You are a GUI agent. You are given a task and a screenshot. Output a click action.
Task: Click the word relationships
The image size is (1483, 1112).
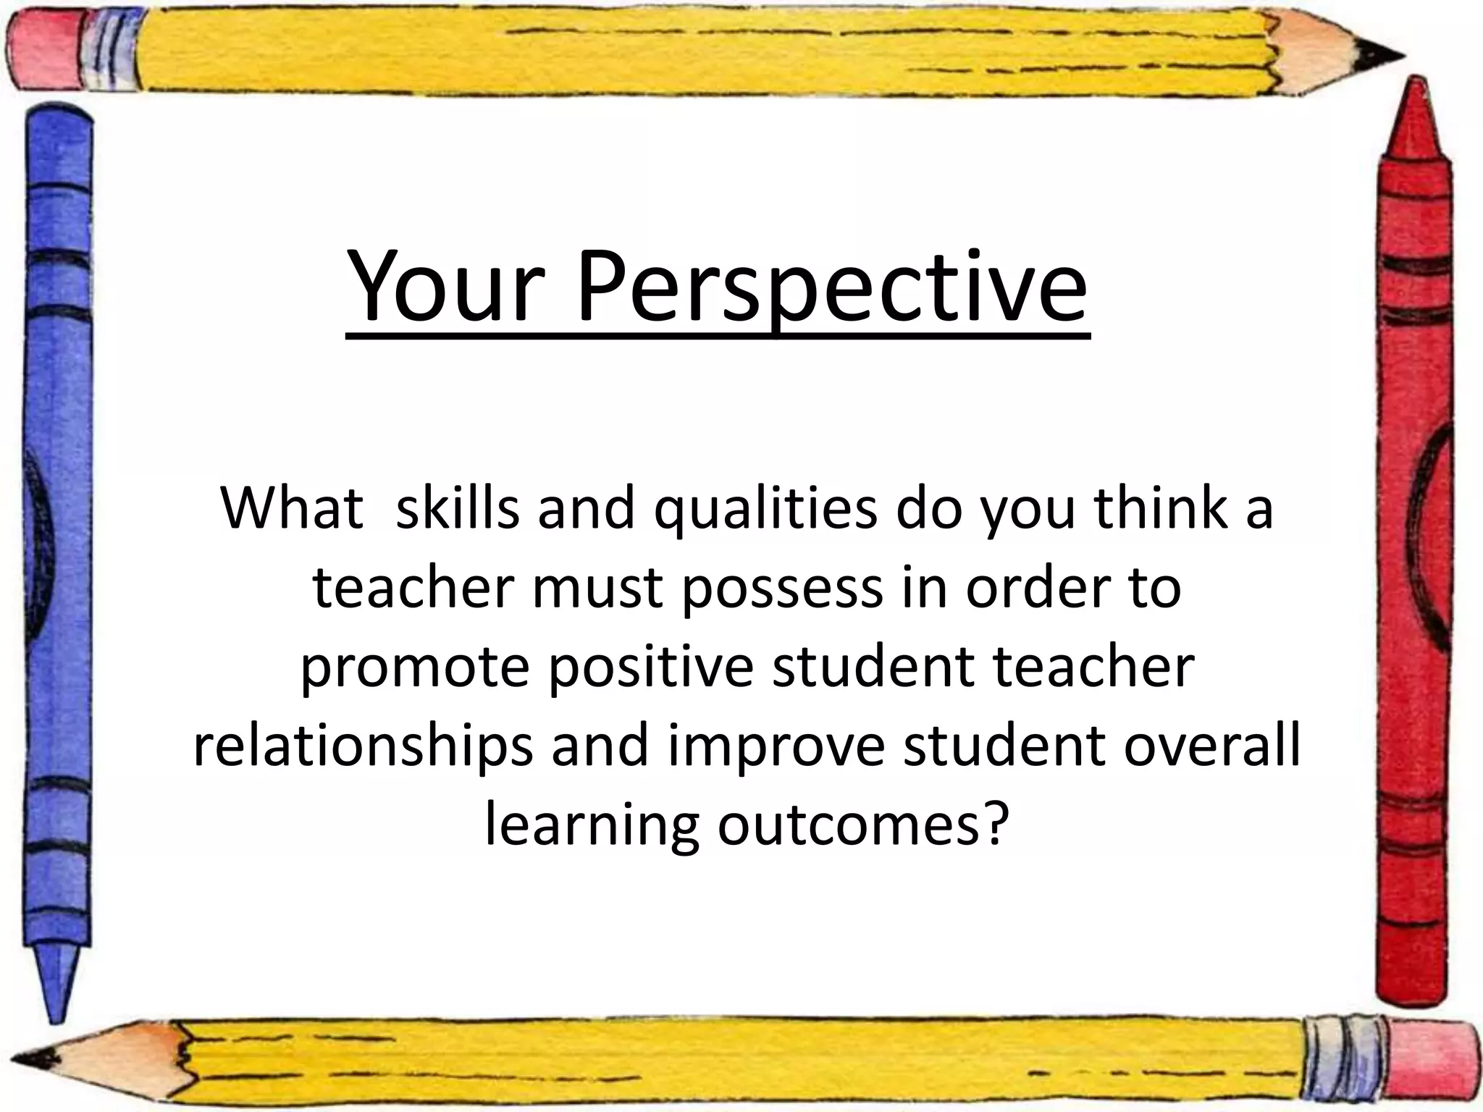coord(362,748)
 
